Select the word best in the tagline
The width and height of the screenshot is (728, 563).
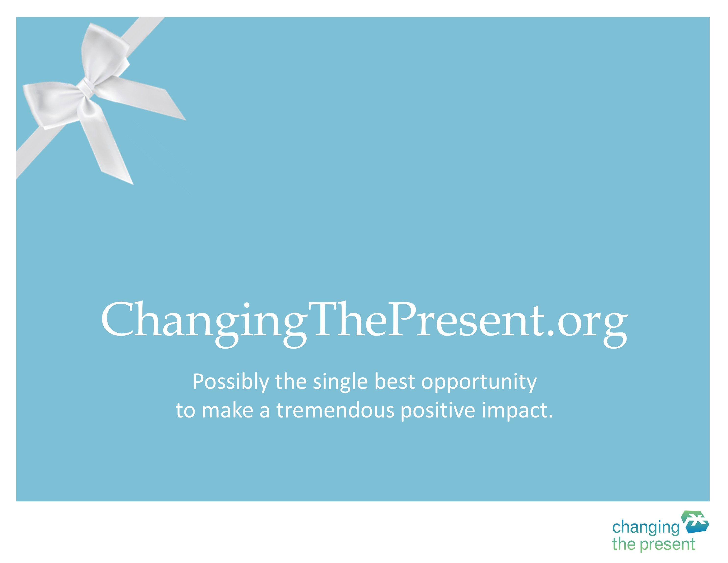click(395, 381)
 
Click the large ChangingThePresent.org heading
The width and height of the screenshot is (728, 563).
click(364, 324)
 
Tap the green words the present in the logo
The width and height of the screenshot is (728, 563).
click(653, 544)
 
